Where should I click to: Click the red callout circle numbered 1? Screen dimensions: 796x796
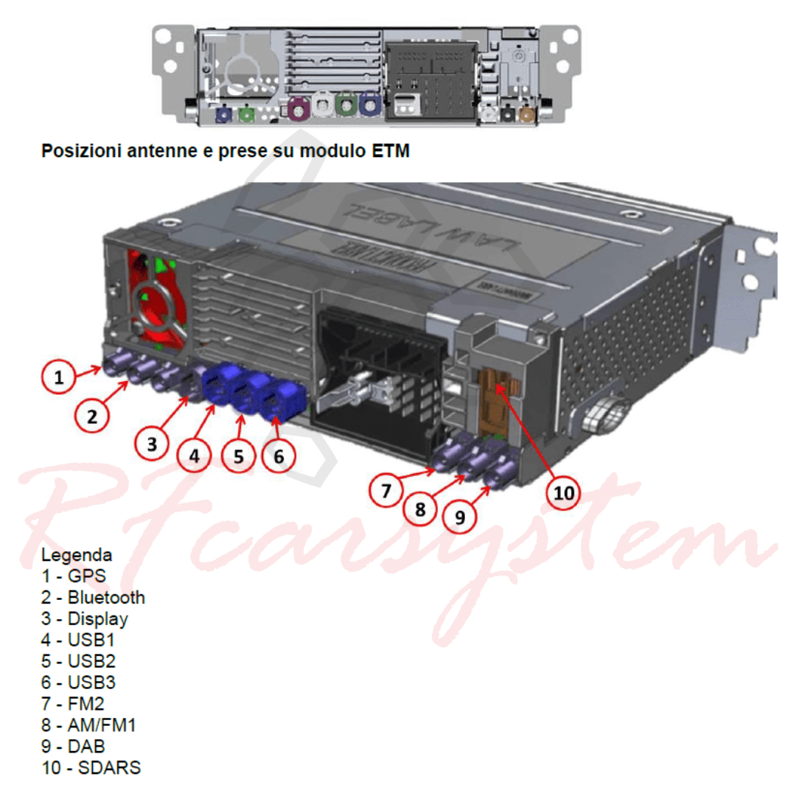(59, 377)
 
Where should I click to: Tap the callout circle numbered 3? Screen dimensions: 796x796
(152, 444)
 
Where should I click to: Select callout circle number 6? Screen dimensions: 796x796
(279, 456)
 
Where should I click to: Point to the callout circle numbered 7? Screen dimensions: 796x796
(386, 490)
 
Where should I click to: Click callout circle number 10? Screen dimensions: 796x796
(564, 492)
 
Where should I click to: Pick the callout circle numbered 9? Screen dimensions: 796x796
(459, 517)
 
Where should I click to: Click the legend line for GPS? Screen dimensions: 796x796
(74, 576)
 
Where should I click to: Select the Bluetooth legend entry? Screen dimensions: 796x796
(94, 598)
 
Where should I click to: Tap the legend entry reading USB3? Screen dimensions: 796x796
(79, 682)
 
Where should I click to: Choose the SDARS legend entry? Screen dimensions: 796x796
(91, 767)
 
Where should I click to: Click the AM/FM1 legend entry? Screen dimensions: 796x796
(89, 725)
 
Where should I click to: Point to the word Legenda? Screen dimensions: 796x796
(77, 555)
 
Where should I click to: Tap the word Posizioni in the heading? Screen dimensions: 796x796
(82, 151)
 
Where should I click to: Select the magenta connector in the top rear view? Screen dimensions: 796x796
(299, 108)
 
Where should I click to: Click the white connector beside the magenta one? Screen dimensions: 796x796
(322, 105)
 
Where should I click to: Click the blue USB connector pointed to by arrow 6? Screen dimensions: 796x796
(282, 400)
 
